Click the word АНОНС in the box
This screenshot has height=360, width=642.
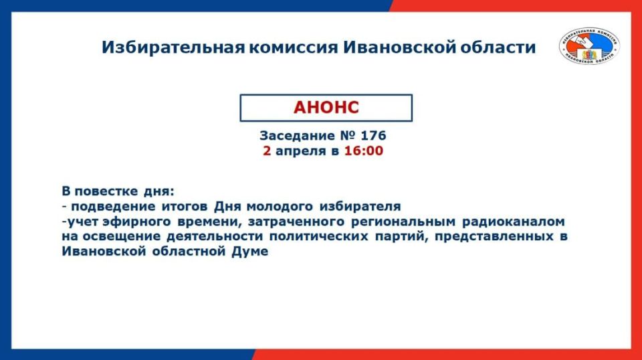click(326, 108)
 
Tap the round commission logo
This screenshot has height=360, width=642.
click(589, 46)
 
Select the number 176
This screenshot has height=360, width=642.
click(373, 136)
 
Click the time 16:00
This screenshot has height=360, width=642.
click(364, 151)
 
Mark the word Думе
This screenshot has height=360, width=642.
click(250, 252)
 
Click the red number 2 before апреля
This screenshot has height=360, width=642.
click(267, 151)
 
